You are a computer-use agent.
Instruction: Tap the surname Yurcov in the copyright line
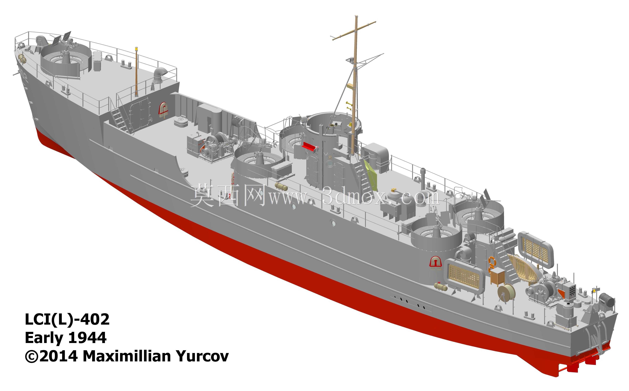click(x=203, y=356)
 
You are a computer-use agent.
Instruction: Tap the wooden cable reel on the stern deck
click(x=506, y=292)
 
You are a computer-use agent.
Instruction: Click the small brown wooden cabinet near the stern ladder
click(x=497, y=276)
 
